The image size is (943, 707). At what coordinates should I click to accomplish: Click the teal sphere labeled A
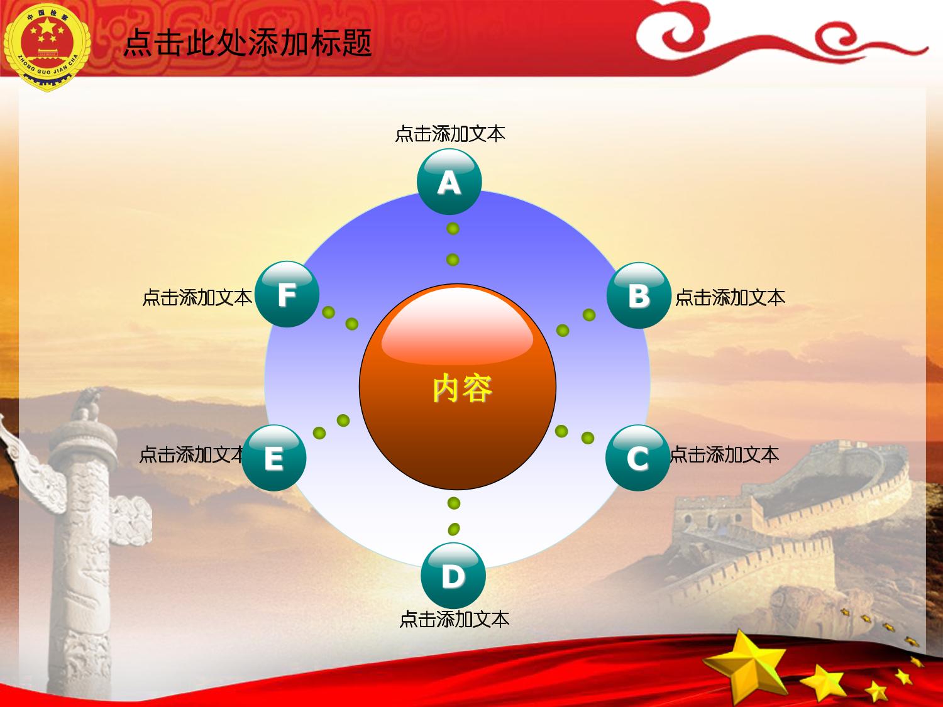pos(449,182)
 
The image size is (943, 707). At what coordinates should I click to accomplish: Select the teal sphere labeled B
pos(639,295)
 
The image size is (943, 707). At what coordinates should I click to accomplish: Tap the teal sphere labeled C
pos(637,458)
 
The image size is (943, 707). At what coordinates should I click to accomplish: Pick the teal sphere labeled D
pos(453,576)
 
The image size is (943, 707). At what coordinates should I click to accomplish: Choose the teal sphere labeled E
pos(274,458)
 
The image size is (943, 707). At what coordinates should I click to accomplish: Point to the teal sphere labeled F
pos(287,294)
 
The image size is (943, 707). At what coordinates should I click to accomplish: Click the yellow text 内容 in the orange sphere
pos(462,388)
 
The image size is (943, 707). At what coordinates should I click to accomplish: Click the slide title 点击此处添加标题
pos(248,43)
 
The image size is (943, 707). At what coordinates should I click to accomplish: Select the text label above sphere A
pos(449,133)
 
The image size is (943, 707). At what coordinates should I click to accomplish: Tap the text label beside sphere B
pos(730,297)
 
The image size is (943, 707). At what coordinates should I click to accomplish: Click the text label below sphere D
pos(454,620)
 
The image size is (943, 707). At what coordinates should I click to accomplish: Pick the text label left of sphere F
pos(197,297)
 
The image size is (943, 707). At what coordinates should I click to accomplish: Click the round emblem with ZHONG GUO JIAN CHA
pos(47,47)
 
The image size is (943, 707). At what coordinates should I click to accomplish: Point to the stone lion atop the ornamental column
pos(87,404)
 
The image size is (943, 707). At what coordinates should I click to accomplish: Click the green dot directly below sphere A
pos(453,228)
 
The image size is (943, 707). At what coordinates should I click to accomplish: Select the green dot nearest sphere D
pos(454,529)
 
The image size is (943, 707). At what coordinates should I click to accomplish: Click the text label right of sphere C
pos(724,454)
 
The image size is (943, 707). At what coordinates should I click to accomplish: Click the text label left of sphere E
pos(192,454)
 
